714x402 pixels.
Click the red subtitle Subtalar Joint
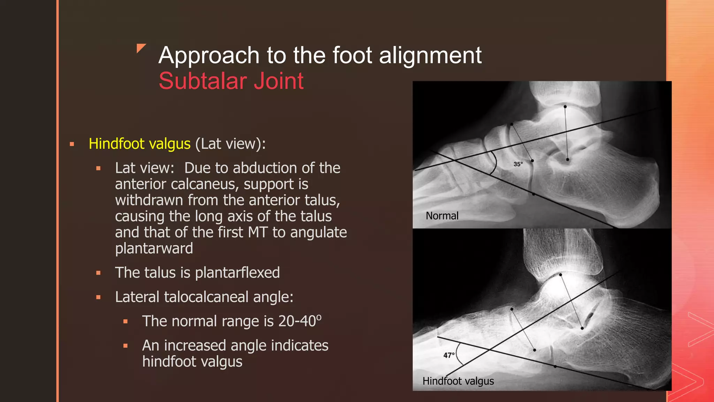point(231,81)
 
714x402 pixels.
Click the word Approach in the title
point(208,55)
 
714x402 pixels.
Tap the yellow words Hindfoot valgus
point(139,144)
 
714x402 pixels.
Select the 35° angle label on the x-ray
point(518,164)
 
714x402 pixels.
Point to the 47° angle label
point(449,355)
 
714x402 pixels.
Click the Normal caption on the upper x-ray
point(442,216)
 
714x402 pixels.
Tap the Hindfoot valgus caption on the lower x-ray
point(458,381)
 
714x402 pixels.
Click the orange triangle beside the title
point(141,48)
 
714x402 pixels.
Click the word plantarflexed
point(237,273)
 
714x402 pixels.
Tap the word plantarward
point(154,248)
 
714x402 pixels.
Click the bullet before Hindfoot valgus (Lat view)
point(72,144)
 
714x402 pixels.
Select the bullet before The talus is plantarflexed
point(99,273)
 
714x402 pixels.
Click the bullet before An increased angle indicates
point(126,346)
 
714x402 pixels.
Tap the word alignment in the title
point(430,55)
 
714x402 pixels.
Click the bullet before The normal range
point(126,321)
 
